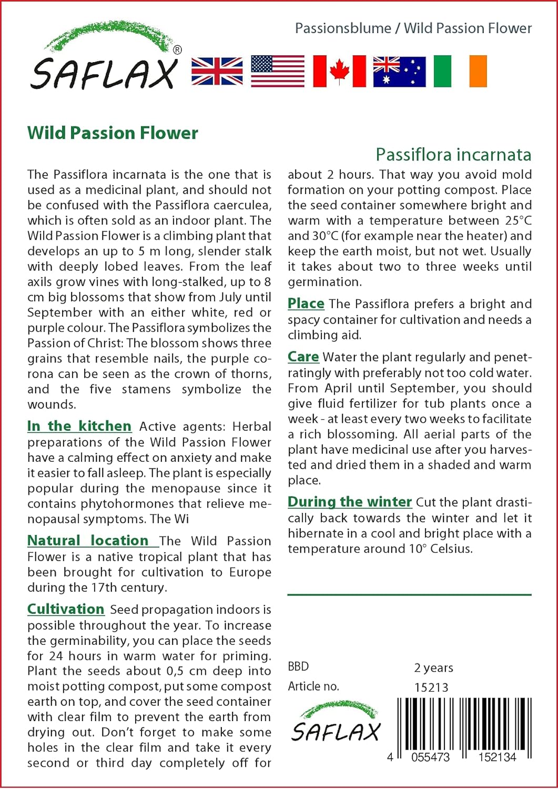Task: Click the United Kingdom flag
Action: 217,71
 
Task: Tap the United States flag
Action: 278,71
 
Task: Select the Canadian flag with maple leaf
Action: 339,71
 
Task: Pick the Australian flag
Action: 399,71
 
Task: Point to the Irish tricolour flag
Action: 460,71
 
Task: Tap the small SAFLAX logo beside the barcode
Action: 336,723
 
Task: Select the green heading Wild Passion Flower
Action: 113,133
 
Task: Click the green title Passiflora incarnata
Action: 453,155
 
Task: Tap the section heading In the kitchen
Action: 79,426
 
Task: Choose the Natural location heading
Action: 88,541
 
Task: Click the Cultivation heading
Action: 66,609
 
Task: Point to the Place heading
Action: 306,304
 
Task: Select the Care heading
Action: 303,357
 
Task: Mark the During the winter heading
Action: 350,502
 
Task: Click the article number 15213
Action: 431,687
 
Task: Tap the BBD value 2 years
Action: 433,668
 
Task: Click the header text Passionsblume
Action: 343,28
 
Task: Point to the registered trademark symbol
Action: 178,50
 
